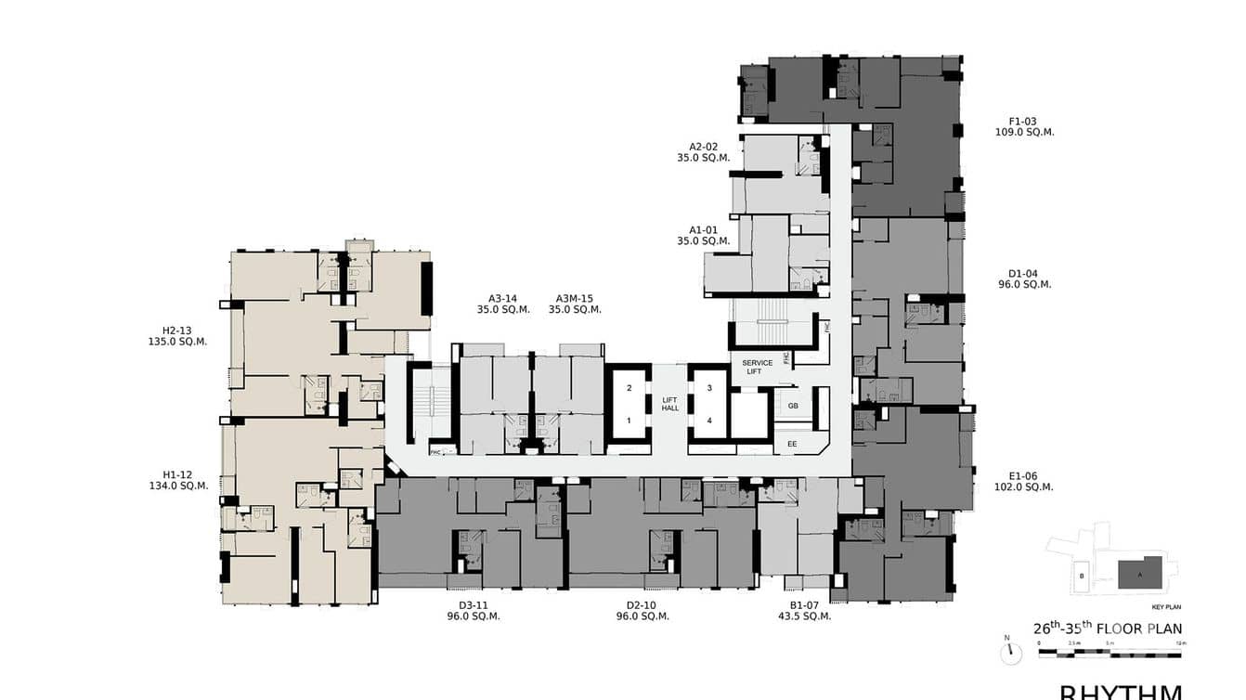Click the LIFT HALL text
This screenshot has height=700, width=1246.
670,404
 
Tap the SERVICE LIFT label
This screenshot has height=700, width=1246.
757,368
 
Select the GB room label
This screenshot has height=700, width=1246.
793,407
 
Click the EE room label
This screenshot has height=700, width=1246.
792,445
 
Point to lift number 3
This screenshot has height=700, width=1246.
709,388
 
